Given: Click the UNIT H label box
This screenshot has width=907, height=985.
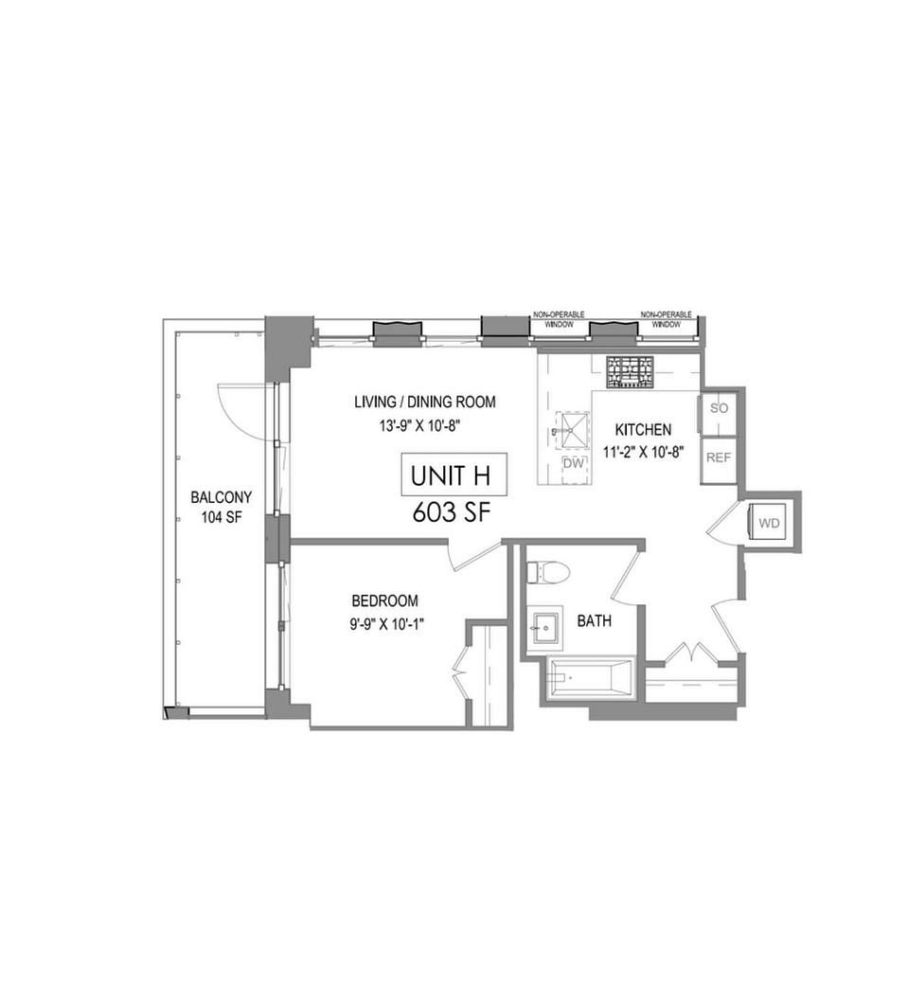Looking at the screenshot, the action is [454, 475].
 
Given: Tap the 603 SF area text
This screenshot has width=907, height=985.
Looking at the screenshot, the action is [451, 513].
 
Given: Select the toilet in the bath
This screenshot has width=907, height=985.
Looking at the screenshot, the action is [548, 572].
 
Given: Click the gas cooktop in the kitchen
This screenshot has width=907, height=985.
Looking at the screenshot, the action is [629, 372].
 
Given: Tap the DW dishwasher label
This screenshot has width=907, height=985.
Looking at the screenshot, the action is [574, 463].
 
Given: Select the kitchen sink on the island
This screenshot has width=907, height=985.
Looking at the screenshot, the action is [573, 430].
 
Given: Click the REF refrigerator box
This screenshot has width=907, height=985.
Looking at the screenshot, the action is [719, 458].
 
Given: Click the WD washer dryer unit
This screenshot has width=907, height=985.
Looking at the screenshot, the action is [770, 523].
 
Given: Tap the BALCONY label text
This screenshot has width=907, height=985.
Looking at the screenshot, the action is [222, 497].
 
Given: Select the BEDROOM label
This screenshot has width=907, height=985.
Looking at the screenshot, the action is [385, 601].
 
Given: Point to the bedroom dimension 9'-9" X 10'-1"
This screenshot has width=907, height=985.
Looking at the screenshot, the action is [387, 624].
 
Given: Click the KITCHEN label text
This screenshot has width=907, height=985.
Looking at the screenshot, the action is [643, 430].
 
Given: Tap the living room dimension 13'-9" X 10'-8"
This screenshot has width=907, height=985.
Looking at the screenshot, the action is [420, 425].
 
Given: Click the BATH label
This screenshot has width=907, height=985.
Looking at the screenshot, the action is [595, 621].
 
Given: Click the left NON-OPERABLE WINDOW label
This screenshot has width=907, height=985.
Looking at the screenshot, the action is [559, 320].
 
